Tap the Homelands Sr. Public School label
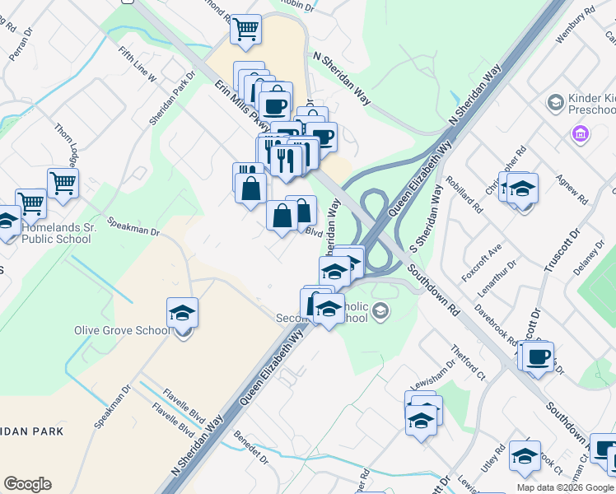(x=55, y=233)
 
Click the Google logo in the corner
(x=27, y=484)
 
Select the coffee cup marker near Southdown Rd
(x=539, y=357)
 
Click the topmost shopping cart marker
(x=245, y=30)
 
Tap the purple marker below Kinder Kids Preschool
(x=581, y=133)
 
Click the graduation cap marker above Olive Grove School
(x=182, y=313)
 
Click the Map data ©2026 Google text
(x=566, y=487)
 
